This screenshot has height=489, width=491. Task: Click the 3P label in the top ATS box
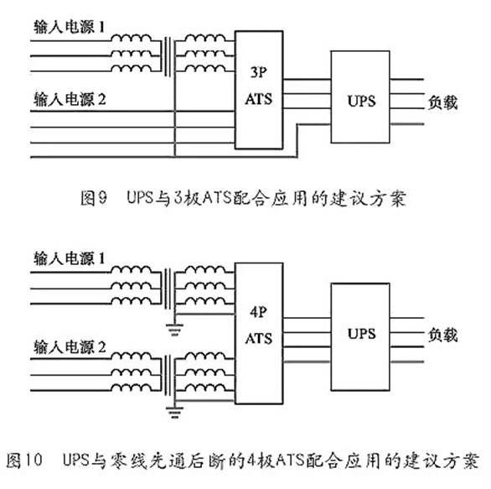pyautogui.click(x=259, y=72)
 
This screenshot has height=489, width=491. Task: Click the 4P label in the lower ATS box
pyautogui.click(x=259, y=312)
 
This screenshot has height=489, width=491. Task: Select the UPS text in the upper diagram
pyautogui.click(x=361, y=101)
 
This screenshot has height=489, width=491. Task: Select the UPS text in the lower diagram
pyautogui.click(x=361, y=334)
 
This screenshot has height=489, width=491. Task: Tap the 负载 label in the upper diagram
pyautogui.click(x=442, y=102)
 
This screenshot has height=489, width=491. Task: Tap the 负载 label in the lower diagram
pyautogui.click(x=442, y=335)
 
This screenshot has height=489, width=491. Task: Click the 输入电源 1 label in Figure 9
pyautogui.click(x=69, y=27)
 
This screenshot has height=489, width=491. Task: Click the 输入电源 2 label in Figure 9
pyautogui.click(x=70, y=99)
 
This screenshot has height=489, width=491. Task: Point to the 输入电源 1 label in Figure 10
pyautogui.click(x=69, y=259)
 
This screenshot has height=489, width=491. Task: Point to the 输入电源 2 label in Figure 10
pyautogui.click(x=70, y=347)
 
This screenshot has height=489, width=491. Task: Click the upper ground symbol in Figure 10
pyautogui.click(x=174, y=330)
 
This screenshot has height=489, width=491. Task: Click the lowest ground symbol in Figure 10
pyautogui.click(x=174, y=412)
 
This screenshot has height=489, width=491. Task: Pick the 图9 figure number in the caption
pyautogui.click(x=94, y=198)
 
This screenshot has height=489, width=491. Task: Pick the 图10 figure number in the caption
pyautogui.click(x=24, y=460)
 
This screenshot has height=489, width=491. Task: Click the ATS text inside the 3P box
pyautogui.click(x=259, y=99)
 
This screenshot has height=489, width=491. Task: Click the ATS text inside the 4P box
pyautogui.click(x=259, y=339)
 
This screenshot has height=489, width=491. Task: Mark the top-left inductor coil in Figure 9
pyautogui.click(x=132, y=38)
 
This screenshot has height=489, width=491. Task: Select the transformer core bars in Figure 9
pyautogui.click(x=168, y=56)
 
